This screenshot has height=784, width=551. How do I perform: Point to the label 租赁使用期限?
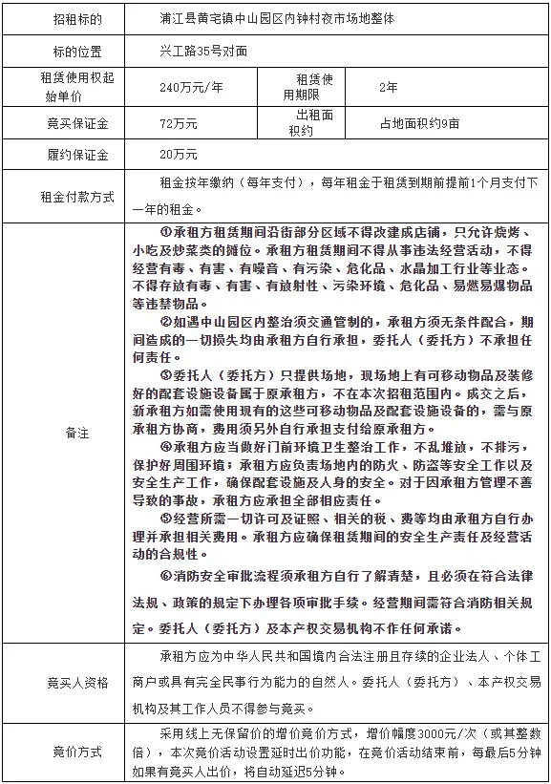[310, 88]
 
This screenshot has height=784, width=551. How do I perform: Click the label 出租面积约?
[310, 122]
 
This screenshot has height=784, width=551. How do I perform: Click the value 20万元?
[179, 154]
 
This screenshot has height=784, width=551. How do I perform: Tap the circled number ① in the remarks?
[165, 233]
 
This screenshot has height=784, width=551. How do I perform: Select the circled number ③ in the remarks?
[165, 374]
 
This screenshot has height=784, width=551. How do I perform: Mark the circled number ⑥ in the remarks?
[165, 576]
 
